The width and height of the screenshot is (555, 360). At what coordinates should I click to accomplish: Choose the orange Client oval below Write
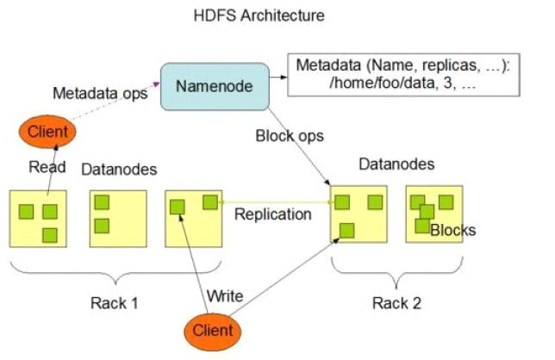(x=212, y=330)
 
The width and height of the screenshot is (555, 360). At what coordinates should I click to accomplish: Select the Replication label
(x=272, y=214)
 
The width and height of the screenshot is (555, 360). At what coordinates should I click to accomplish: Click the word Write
(x=225, y=296)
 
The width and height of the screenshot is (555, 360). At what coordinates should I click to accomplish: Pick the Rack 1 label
(x=114, y=303)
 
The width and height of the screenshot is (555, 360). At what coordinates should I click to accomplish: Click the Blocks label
(x=452, y=230)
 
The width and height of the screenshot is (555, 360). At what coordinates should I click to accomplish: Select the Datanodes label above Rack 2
(x=397, y=164)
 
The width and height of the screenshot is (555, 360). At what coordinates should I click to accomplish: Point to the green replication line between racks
(x=276, y=202)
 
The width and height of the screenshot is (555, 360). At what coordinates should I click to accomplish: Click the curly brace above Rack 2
(x=396, y=275)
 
